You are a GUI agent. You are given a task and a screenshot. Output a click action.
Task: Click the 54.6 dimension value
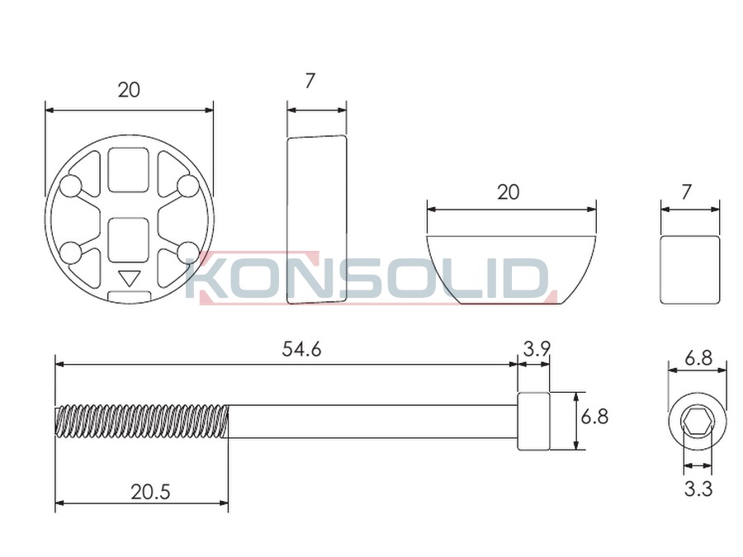pyautogui.click(x=301, y=350)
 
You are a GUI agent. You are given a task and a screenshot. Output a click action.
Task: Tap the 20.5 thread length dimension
pyautogui.click(x=150, y=492)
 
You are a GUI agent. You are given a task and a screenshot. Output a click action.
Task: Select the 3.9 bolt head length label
pyautogui.click(x=537, y=350)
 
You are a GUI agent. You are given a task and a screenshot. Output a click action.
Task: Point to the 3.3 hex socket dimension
pyautogui.click(x=698, y=489)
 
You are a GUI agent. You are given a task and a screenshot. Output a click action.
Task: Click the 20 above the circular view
pyautogui.click(x=129, y=90)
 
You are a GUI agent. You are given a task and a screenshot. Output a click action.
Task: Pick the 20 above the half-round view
pyautogui.click(x=508, y=192)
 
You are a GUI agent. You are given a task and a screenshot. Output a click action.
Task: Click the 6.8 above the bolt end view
pyautogui.click(x=698, y=358)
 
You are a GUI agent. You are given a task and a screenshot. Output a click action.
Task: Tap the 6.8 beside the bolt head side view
pyautogui.click(x=594, y=418)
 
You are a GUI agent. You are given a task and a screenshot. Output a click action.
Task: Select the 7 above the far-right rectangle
pyautogui.click(x=687, y=192)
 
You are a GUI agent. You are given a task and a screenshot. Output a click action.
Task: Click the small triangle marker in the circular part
pyautogui.click(x=129, y=277)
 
